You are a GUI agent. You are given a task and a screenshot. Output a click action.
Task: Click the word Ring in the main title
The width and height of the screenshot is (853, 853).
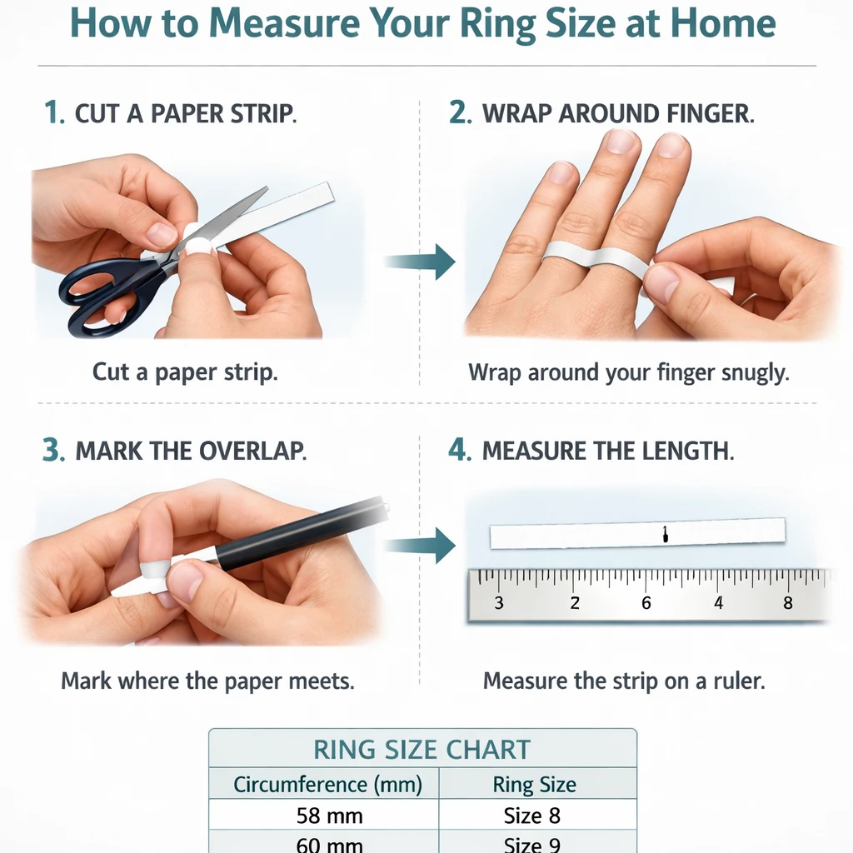coord(498,24)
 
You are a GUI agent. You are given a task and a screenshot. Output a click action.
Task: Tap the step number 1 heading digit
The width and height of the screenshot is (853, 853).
coord(52,112)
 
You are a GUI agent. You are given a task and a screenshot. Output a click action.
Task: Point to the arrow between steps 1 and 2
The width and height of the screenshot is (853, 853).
coord(420,262)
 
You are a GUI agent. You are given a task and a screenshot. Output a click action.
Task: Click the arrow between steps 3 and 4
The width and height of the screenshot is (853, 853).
coord(420,545)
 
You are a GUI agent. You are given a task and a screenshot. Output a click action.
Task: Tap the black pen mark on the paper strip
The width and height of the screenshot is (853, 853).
coord(665,534)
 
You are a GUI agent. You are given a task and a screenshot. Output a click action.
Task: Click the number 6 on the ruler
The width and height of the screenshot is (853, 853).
coord(646,603)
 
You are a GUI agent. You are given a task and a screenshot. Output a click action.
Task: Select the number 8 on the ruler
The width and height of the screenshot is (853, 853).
coord(788,603)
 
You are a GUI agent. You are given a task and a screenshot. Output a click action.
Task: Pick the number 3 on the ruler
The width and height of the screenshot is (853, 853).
coord(499,603)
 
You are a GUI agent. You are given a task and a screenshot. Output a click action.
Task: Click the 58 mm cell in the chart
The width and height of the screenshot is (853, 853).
coord(330,816)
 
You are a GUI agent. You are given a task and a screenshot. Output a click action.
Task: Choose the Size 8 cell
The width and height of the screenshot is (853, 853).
coord(532,816)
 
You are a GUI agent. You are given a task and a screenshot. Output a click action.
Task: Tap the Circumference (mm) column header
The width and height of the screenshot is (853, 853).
coord(327,785)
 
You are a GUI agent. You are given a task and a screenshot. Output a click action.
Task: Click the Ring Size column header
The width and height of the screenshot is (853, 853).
coord(534,785)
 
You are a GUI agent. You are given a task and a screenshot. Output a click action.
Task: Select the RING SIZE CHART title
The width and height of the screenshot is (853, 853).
coord(422,750)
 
